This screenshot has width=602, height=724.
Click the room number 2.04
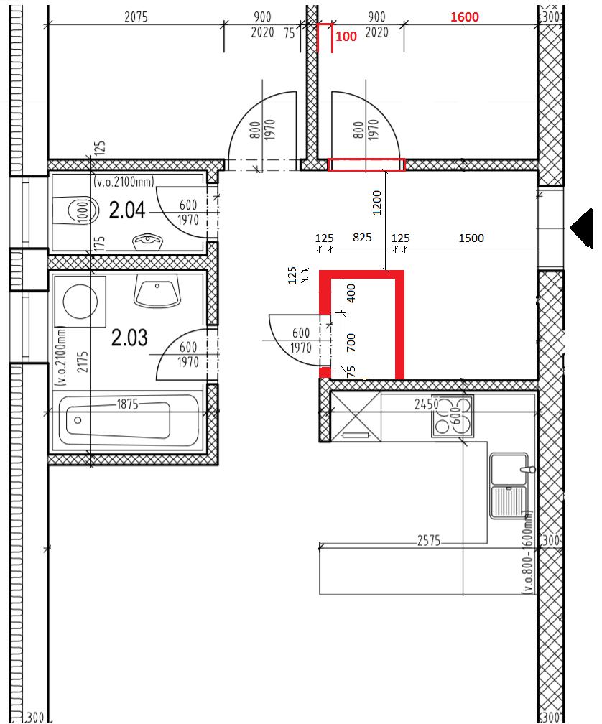127,210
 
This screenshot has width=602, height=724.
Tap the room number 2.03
129,338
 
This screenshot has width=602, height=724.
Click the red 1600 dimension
464,17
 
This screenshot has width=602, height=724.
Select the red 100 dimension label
346,37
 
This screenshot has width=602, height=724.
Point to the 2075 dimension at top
136,17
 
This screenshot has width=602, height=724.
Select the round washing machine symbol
80,302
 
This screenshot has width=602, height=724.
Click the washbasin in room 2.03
157,292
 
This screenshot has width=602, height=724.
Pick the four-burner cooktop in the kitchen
453,416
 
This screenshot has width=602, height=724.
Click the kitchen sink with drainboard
509,486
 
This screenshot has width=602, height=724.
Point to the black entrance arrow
582,228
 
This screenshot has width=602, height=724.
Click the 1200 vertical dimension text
377,203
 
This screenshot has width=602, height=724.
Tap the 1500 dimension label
471,238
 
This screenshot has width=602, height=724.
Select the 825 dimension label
362,238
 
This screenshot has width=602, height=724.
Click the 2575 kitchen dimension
429,540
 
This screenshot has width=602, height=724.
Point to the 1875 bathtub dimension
127,404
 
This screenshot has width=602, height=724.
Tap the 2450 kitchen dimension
426,404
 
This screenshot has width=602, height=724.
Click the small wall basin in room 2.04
147,241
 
